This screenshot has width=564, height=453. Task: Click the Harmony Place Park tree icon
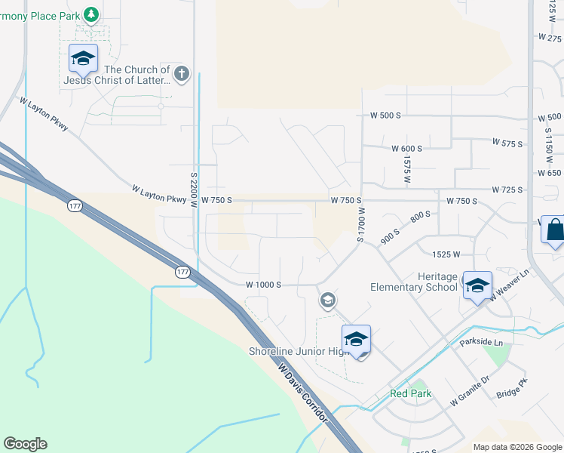pyautogui.click(x=91, y=14)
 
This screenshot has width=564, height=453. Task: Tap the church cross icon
pyautogui.click(x=181, y=74)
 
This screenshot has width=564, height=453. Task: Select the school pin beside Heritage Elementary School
pyautogui.click(x=477, y=286)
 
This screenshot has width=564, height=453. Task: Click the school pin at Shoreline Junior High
pyautogui.click(x=356, y=339)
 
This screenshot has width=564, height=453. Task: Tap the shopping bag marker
pyautogui.click(x=554, y=230)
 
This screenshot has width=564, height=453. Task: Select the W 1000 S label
pyautogui.click(x=263, y=285)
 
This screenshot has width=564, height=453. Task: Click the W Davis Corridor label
pyautogui.click(x=302, y=393)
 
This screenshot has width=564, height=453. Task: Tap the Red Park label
pyautogui.click(x=410, y=393)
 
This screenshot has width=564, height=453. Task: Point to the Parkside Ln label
pyautogui.click(x=481, y=343)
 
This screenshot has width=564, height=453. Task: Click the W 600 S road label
pyautogui.click(x=406, y=149)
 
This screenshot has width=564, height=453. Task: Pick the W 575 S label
pyautogui.click(x=507, y=142)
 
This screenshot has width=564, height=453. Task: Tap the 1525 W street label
pyautogui.click(x=446, y=255)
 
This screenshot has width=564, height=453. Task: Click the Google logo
pyautogui.click(x=25, y=444)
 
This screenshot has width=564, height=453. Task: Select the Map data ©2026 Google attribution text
pyautogui.click(x=516, y=447)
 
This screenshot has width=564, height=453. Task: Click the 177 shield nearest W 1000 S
pyautogui.click(x=182, y=273)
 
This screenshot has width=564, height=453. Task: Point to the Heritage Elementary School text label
pyautogui.click(x=414, y=282)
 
